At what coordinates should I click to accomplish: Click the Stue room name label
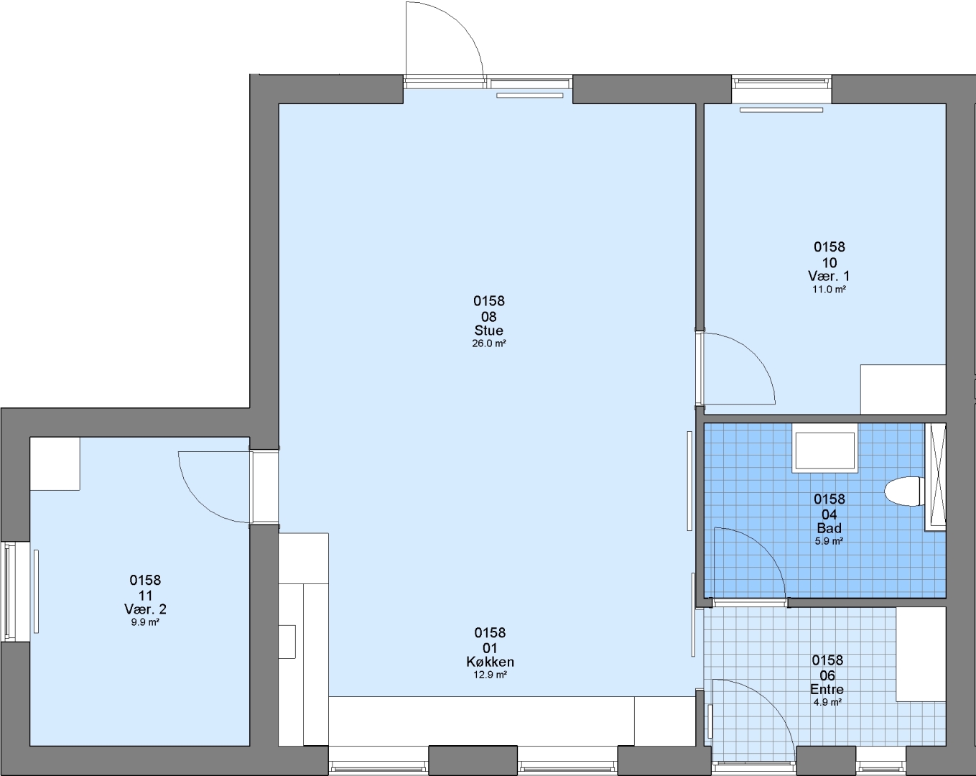pyautogui.click(x=488, y=330)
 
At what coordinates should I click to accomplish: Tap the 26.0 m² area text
pyautogui.click(x=489, y=343)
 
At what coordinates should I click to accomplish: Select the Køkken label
pyautogui.click(x=490, y=662)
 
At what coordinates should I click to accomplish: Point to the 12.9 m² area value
pyautogui.click(x=490, y=675)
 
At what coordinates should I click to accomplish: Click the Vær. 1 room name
pyautogui.click(x=829, y=276)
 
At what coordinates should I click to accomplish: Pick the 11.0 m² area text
pyautogui.click(x=829, y=290)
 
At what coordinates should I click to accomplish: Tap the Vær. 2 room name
pyautogui.click(x=145, y=609)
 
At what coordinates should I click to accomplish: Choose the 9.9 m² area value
pyautogui.click(x=145, y=622)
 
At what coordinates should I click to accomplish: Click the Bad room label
pyautogui.click(x=829, y=528)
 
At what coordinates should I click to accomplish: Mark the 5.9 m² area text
pyautogui.click(x=829, y=541)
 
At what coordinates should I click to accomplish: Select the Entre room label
pyautogui.click(x=827, y=689)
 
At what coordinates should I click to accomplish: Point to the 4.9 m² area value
pyautogui.click(x=827, y=703)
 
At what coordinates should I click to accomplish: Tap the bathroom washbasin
pyautogui.click(x=825, y=451)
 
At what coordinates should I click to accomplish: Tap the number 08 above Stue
pyautogui.click(x=489, y=316)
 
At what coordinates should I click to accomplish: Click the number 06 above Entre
pyautogui.click(x=827, y=675)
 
